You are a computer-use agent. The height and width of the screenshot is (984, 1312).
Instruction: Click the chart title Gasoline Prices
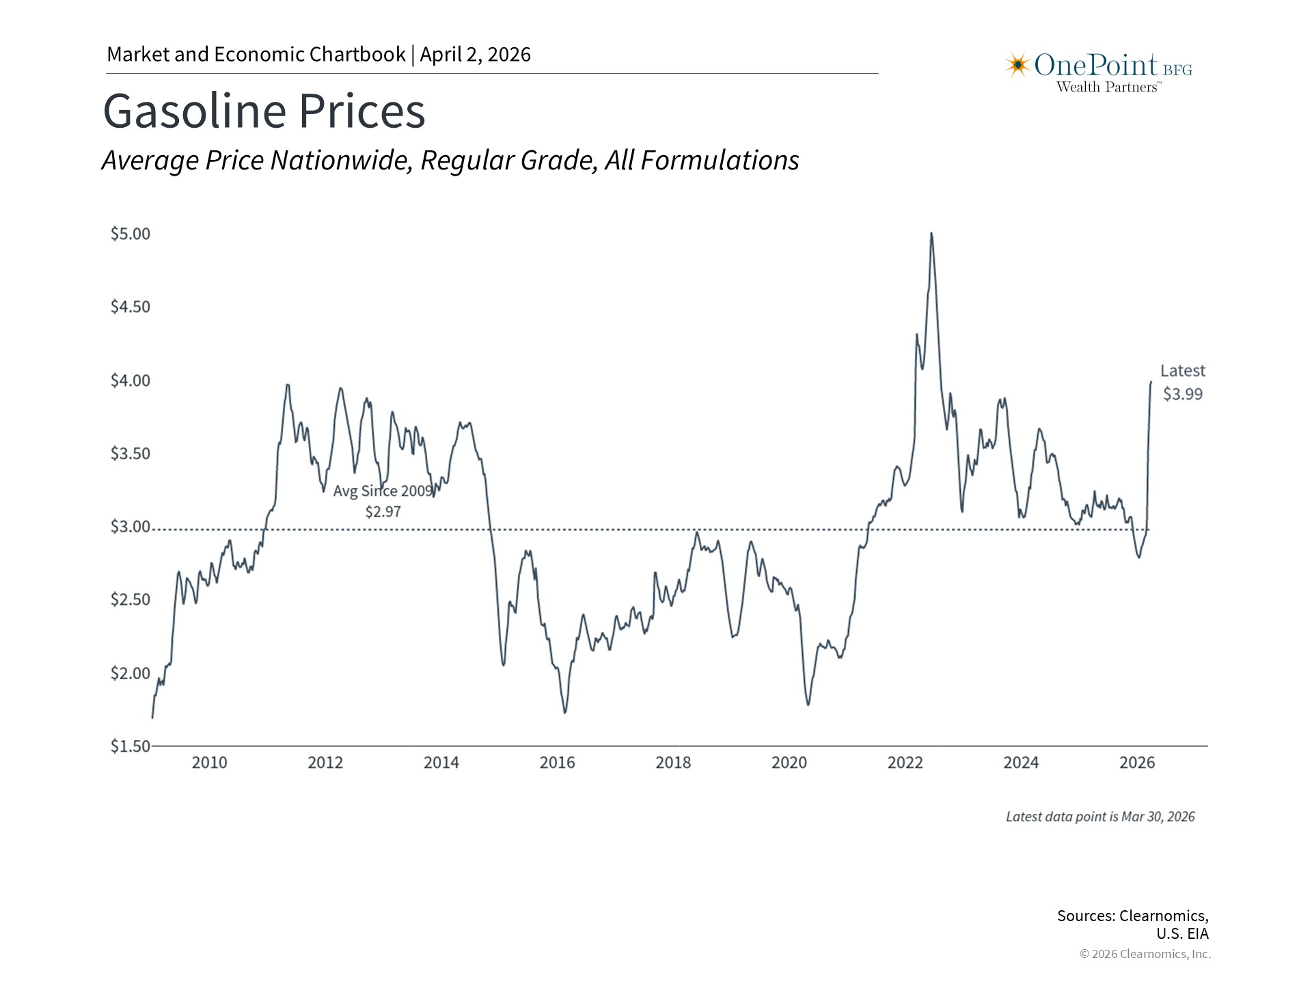264,111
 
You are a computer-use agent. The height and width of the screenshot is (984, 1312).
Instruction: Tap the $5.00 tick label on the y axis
130,234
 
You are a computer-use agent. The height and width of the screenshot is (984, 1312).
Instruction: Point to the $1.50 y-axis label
130,746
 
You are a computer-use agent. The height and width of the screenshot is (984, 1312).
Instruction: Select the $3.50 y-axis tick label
130,454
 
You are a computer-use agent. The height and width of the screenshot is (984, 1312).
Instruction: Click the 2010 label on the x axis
209,763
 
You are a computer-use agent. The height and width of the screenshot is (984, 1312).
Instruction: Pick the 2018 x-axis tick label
673,763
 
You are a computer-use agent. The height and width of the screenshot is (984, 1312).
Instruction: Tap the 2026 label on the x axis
1137,763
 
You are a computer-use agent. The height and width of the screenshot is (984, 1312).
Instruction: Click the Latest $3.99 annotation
1182,382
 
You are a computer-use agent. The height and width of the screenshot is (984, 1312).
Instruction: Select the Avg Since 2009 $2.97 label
383,501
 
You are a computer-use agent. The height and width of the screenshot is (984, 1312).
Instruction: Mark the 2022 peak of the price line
931,234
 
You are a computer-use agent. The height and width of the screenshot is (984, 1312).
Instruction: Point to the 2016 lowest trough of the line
565,713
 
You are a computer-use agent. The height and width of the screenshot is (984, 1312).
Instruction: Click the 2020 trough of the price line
808,704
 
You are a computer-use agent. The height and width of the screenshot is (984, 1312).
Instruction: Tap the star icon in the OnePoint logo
1017,65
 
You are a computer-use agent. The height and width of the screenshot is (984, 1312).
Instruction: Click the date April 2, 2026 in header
475,55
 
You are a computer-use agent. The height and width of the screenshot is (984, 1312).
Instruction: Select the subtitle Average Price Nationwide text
450,161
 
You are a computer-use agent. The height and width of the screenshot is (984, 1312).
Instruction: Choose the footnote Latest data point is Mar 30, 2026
1100,817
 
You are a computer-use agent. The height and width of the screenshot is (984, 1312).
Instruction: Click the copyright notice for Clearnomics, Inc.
1145,954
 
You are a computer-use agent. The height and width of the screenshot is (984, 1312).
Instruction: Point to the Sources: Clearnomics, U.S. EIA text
1132,925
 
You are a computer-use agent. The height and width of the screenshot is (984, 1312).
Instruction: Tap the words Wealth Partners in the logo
1107,87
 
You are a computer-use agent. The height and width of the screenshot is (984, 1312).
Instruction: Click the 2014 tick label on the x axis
441,763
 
